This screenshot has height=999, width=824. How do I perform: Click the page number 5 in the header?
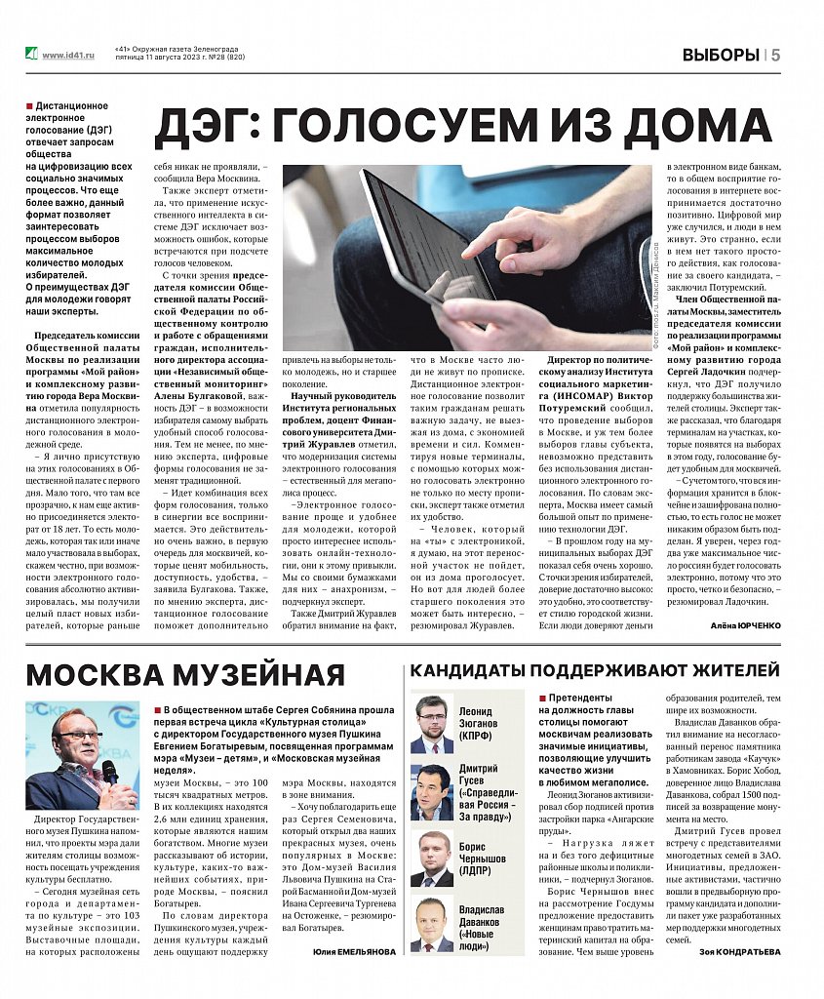point(776,55)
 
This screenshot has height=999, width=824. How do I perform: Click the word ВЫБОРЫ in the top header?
point(721,55)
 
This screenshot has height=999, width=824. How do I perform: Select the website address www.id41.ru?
point(68,56)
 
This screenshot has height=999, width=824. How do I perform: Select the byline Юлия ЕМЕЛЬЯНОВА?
point(355,952)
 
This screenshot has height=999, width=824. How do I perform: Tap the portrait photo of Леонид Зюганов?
point(431,723)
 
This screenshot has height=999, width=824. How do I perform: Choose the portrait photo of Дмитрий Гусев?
point(431,791)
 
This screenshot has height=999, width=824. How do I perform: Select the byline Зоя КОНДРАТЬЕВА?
point(740,952)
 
